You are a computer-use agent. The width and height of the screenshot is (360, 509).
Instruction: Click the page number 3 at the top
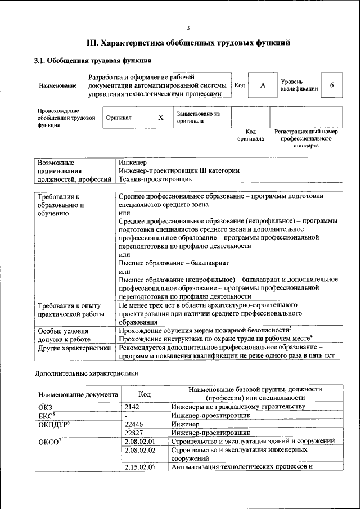coord(188,28)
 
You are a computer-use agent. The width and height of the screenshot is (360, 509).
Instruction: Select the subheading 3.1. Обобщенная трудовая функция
coord(93,61)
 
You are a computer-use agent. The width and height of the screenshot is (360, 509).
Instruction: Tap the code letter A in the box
coord(263,85)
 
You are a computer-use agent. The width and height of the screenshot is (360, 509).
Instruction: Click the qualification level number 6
coord(332,85)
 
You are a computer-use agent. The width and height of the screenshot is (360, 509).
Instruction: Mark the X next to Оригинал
coord(160,118)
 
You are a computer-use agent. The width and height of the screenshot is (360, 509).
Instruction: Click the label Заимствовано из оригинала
coord(198,117)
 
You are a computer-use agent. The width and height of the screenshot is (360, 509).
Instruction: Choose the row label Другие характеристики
coord(74,348)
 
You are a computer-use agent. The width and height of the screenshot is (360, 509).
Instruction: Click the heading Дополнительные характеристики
coord(86,373)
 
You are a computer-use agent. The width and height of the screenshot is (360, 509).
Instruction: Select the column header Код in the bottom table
coord(145,395)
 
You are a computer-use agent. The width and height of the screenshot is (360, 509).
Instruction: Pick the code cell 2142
coord(132,407)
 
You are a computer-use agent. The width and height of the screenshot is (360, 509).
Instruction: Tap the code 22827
coord(134,433)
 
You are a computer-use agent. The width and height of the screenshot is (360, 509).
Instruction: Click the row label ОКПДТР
coord(53,424)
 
